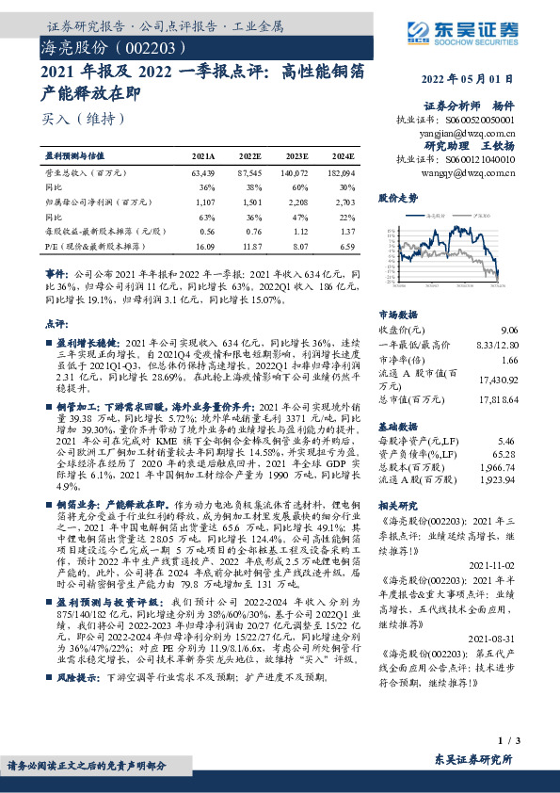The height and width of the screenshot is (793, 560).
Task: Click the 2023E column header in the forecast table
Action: point(297,156)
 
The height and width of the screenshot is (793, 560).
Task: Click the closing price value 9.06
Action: point(509,329)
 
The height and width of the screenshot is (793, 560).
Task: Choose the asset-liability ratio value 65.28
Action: point(506,453)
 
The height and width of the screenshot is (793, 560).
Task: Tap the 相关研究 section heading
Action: point(397,505)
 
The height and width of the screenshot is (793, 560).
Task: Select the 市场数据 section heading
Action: point(397,315)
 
